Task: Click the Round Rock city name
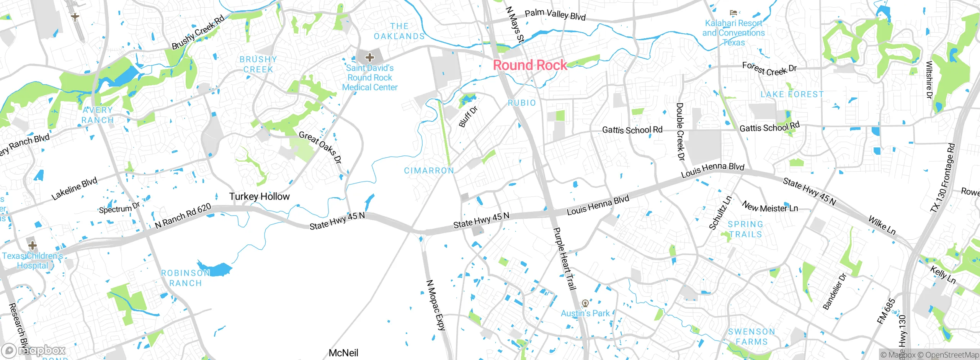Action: click(530, 65)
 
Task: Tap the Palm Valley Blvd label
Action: click(555, 15)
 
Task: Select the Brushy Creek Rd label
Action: click(198, 33)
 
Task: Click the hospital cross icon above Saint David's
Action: click(369, 57)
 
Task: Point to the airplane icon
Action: click(75, 17)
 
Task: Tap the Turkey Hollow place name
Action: click(259, 196)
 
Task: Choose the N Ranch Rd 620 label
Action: click(183, 216)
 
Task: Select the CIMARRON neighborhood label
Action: click(429, 170)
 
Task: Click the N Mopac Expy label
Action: click(436, 305)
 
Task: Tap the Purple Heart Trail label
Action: click(565, 259)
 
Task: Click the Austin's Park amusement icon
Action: click(585, 304)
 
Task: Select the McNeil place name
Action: click(343, 353)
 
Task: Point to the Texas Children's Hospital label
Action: click(33, 260)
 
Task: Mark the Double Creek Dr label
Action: click(680, 131)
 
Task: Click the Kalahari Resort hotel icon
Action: click(733, 13)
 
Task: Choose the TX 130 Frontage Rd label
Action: click(942, 178)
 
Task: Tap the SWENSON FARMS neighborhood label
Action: click(751, 337)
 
